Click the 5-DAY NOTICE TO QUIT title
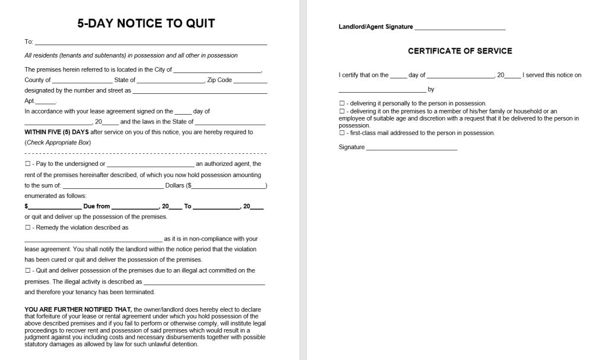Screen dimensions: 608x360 pyautogui.click(x=146, y=24)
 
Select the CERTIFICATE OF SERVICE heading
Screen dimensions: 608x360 pyautogui.click(x=460, y=51)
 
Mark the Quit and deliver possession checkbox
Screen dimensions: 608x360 pyautogui.click(x=27, y=271)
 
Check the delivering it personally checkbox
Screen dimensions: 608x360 pyautogui.click(x=341, y=103)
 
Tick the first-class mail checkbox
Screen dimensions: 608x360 pyautogui.click(x=341, y=133)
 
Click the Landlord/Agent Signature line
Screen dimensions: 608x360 pyautogui.click(x=460, y=28)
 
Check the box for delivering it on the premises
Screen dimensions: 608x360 pyautogui.click(x=341, y=111)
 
